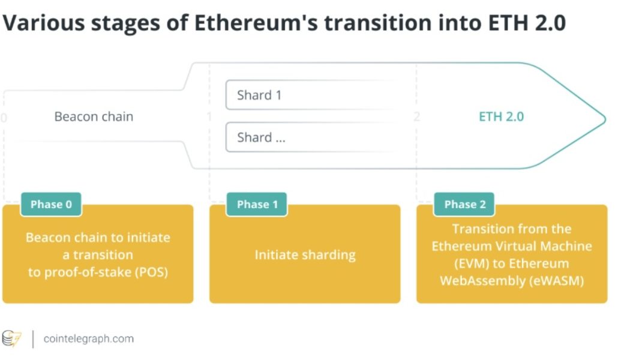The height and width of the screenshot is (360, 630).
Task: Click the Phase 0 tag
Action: coord(51,205)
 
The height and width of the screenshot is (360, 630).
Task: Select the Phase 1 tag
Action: coord(257,205)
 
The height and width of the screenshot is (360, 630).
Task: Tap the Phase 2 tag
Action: coord(465,205)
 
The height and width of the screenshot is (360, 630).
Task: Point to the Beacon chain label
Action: coord(94,116)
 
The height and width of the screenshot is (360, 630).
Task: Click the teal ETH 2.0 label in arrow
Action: coord(501,116)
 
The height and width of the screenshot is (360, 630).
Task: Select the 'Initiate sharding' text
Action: coord(305,254)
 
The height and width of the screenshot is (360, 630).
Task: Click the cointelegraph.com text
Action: coord(89,339)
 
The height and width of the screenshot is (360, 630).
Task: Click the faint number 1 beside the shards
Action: coord(209,116)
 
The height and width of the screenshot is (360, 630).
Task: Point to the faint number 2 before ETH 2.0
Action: coord(416,116)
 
